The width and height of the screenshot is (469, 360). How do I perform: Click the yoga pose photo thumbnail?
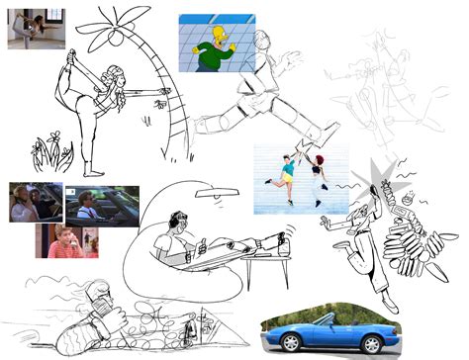point(36,30)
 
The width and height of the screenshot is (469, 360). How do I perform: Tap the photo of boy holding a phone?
point(66,241)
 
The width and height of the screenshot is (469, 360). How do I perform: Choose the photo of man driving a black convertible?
point(101,205)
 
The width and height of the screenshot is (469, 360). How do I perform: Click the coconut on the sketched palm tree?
point(114,40)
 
